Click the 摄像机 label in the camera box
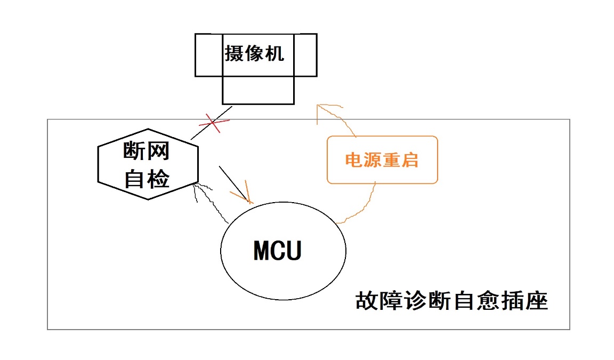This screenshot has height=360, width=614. point(254,54)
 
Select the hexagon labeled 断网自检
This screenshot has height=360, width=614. point(148,164)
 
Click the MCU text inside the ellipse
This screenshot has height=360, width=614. point(277,251)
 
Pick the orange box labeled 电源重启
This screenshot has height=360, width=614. point(382,160)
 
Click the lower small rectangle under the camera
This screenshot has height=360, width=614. point(257,90)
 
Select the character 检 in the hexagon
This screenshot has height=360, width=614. point(158,180)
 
